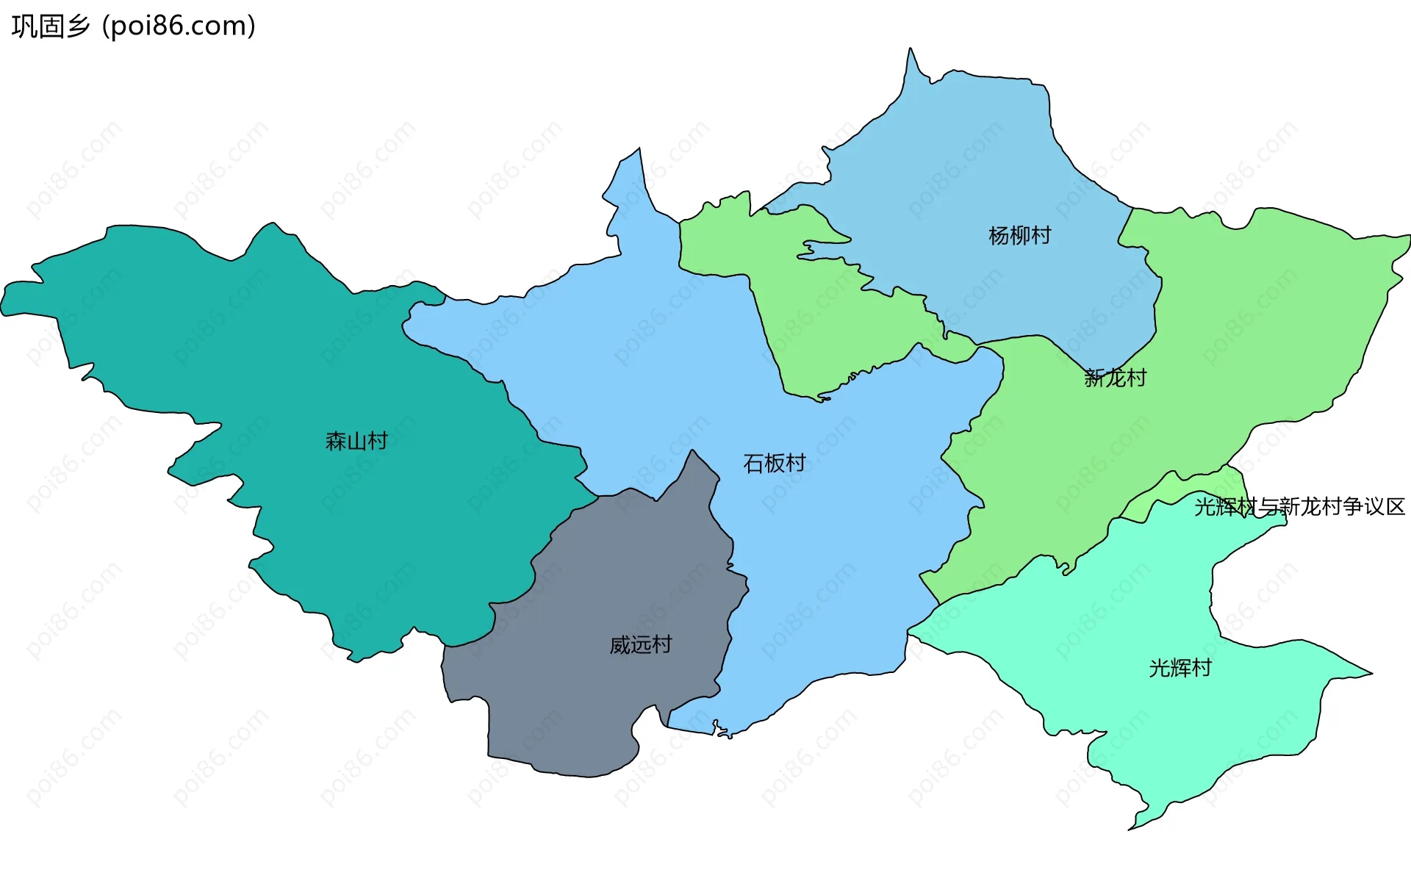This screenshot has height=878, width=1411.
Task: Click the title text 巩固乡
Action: pos(50,26)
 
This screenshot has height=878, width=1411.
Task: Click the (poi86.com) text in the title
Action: pos(179,26)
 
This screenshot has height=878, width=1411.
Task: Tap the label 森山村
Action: pos(356,441)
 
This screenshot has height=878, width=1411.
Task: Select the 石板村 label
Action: pos(775,463)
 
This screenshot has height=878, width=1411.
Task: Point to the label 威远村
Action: pos(641,644)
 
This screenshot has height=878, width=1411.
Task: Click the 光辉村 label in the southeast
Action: pos(1180,667)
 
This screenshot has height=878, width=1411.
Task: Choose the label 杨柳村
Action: pos(1020,235)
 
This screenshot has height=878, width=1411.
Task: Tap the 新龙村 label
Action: pos(1116,378)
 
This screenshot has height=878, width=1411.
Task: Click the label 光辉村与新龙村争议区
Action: pos(1299,506)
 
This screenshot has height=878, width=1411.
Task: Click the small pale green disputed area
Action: pos(1176,500)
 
